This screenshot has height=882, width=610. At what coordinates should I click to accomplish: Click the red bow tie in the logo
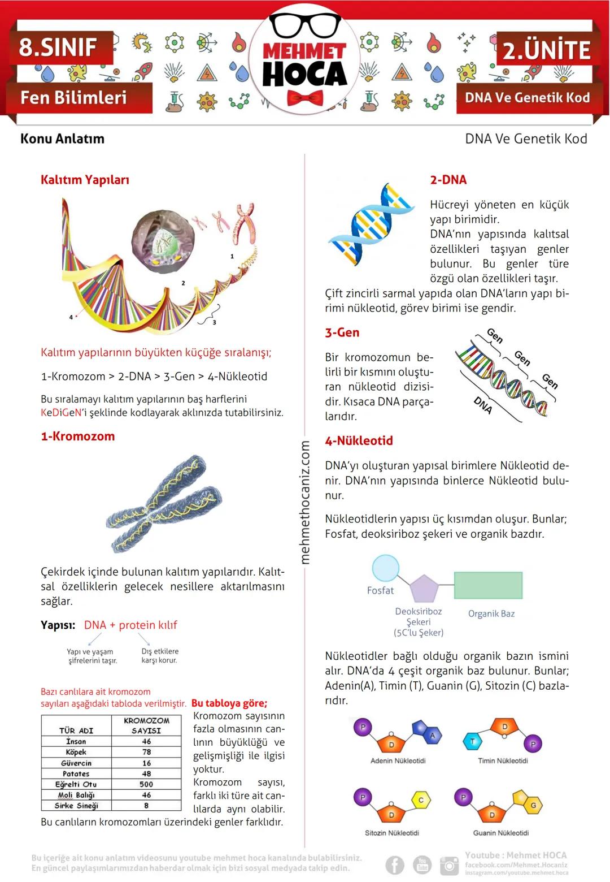pos(304,98)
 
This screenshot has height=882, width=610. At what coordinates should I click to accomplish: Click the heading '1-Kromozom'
pos(78,436)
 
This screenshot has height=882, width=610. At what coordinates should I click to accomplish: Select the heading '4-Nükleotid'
pos(359,441)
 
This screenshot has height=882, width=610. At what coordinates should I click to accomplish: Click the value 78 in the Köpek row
pos(147,752)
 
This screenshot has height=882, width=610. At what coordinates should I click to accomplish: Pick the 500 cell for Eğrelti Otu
pos(146,784)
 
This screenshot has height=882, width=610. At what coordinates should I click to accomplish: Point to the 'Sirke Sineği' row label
pos(76,806)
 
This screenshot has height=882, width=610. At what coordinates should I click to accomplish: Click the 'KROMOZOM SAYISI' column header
pos(146,725)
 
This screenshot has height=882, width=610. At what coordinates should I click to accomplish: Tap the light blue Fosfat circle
pos(386,569)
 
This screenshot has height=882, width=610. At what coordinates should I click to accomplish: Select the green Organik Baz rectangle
pos(488,586)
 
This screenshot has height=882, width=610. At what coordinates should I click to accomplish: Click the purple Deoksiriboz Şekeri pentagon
pos(424,589)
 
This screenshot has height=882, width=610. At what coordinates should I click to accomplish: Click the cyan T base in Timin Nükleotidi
pos(473,741)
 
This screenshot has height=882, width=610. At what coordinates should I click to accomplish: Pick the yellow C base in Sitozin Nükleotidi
pos(421,800)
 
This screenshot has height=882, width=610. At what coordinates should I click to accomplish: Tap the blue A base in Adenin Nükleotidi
pos(432,736)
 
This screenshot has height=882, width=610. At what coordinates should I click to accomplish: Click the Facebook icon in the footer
pos(395,865)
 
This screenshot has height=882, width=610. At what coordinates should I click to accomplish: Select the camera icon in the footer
pos(449,865)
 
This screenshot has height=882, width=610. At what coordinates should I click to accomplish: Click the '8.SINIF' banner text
pos(58,47)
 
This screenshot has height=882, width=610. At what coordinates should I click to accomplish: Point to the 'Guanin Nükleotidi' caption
pos(501,833)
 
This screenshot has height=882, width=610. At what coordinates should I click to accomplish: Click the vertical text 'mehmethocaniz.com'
pos(305,502)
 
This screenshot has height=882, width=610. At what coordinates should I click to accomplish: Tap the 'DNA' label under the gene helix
pos(483,405)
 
